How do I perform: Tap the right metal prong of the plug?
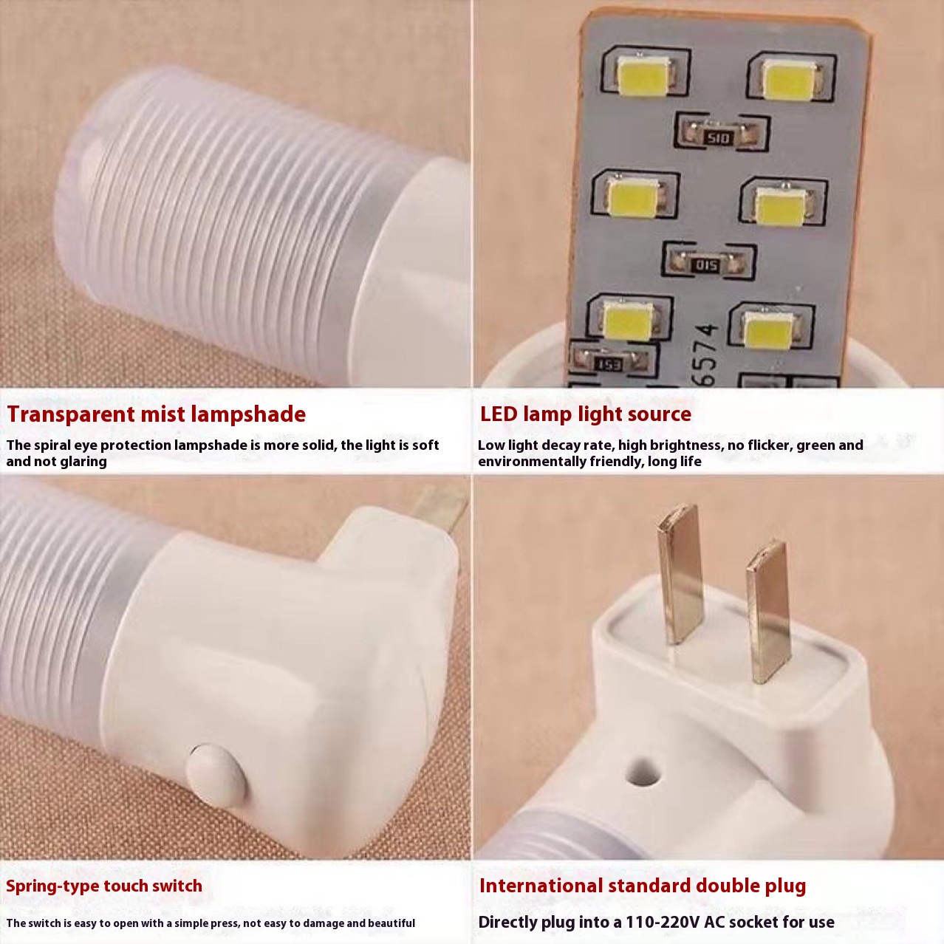(x=768, y=612)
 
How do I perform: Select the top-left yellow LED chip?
(x=644, y=75)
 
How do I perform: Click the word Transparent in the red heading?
(x=71, y=414)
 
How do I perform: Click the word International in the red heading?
(x=541, y=886)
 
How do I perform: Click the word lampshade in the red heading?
(x=248, y=414)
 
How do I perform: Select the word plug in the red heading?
(x=784, y=886)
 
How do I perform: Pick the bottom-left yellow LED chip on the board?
(x=629, y=321)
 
